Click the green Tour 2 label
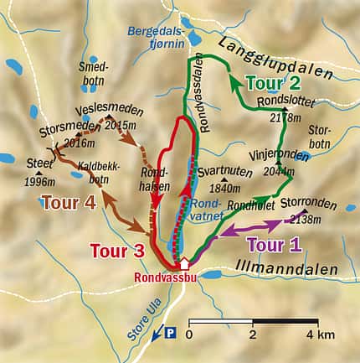(x=272, y=82)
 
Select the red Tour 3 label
(x=118, y=251)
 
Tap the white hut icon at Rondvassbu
(x=185, y=264)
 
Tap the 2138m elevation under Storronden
(x=307, y=219)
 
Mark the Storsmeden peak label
(x=67, y=131)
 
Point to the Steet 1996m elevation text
(x=40, y=182)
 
